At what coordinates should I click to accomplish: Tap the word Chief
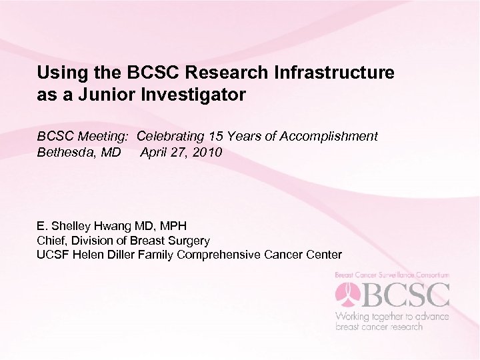point(51,241)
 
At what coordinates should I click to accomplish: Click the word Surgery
point(189,241)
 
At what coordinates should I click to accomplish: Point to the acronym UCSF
point(53,255)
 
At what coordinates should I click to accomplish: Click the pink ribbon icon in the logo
point(347,295)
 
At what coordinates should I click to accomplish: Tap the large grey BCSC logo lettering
point(405,295)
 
